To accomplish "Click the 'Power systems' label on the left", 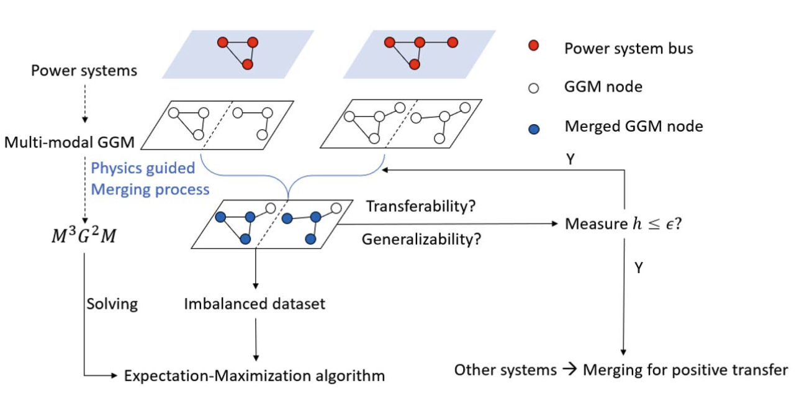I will point(84,70).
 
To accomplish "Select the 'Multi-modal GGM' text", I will point(69,142).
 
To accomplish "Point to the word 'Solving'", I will point(112,304).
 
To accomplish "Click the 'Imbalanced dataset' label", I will point(255,304).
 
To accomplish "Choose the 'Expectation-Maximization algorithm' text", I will point(255,376).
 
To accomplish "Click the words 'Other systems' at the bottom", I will point(505,371).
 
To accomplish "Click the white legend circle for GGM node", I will point(533,88).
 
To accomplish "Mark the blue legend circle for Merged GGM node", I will point(533,128).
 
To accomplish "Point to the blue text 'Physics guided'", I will point(143,168).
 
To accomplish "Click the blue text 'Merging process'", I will point(150,189).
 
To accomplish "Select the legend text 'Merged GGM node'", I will point(634,127).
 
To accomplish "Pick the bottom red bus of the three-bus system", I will point(248,64).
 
